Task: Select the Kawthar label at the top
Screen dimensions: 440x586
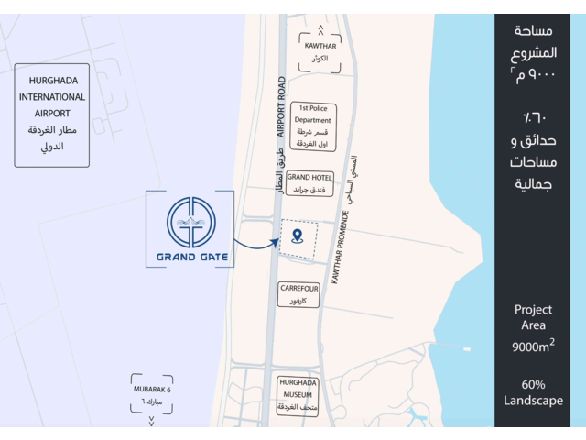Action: coord(318,51)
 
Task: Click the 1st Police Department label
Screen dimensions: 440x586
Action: coord(313,126)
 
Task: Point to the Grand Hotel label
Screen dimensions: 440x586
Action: coord(309,182)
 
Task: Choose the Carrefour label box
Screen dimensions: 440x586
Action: coord(298,293)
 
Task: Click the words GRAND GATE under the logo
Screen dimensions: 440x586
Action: coord(190,258)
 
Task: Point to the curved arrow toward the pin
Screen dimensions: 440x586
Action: coord(255,245)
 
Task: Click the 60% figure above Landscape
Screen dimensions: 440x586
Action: coord(533,383)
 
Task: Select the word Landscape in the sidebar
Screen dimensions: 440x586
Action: coord(533,400)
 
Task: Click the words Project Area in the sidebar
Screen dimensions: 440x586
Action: coord(533,317)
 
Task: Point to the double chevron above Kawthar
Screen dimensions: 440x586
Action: coord(318,32)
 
